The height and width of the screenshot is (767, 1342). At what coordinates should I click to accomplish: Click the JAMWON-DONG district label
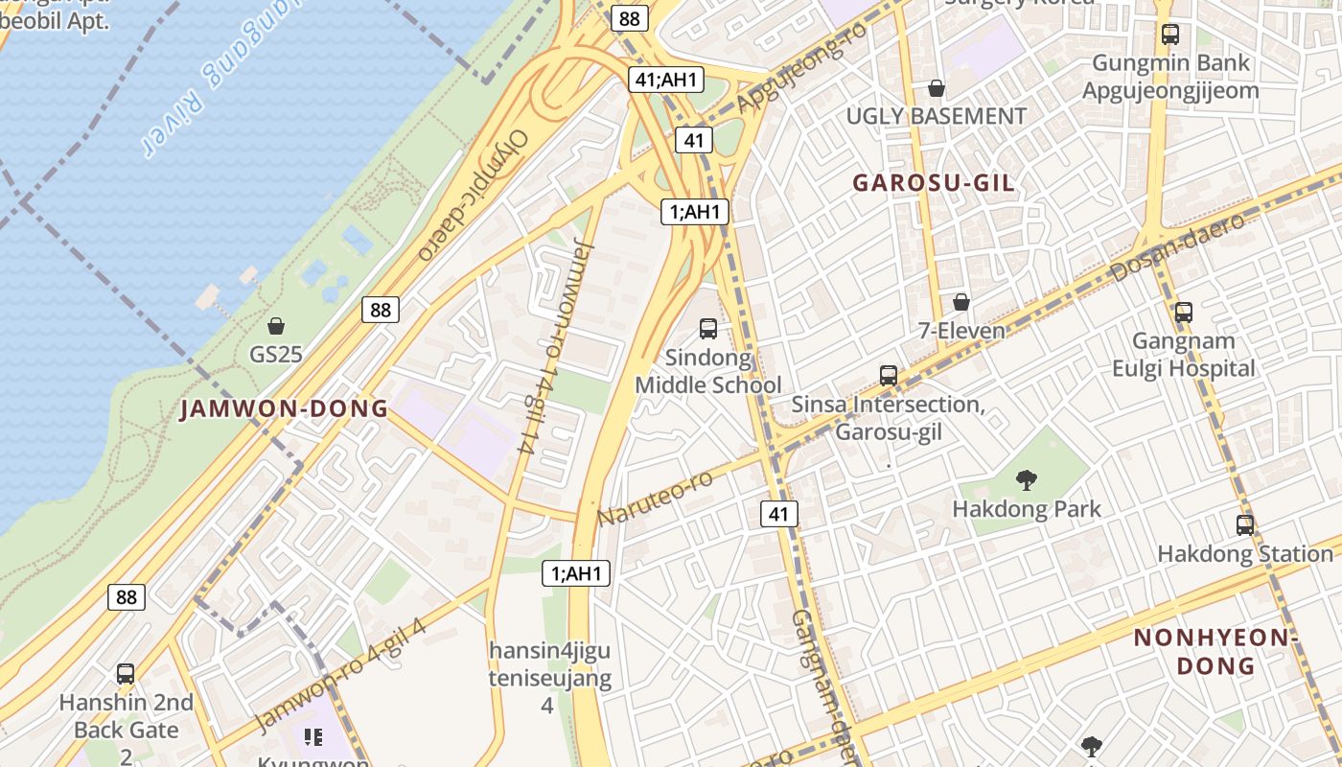point(285,409)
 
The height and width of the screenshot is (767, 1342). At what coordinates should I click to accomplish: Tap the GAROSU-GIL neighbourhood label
point(933,183)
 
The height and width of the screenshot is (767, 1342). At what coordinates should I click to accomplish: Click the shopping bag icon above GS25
point(276,326)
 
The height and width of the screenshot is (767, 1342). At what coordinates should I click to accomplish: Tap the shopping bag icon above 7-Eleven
point(961,303)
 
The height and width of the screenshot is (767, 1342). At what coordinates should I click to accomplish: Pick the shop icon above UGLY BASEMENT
point(937,89)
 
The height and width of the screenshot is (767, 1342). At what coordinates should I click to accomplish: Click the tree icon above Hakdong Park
point(1027,479)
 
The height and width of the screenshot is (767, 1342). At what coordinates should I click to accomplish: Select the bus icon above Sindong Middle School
point(708,329)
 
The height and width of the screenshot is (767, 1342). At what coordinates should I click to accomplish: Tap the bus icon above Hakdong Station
point(1245,524)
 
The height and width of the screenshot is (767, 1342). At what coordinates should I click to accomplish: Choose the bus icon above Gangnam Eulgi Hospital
point(1184,312)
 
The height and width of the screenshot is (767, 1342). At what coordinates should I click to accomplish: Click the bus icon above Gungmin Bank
point(1170,35)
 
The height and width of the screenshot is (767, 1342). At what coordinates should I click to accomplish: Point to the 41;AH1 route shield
point(665,80)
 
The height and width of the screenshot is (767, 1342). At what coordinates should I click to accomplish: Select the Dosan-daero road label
point(1178,247)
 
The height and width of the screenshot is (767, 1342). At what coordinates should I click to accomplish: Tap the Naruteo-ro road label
point(656,498)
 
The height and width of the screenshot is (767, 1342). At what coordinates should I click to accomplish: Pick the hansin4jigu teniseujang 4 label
point(549,677)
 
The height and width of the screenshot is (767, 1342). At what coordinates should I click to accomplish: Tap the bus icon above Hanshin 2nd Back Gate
point(126,673)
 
